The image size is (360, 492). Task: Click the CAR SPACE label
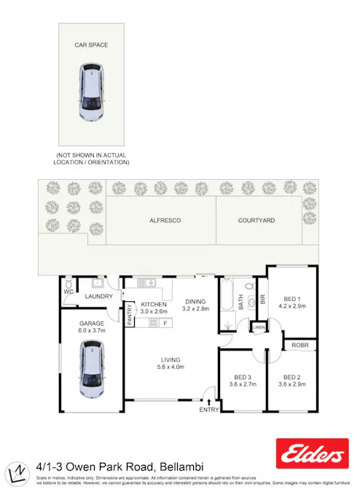coord(91,45)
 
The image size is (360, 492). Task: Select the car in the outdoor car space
coord(91,93)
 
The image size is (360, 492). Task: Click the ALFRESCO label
coord(165,219)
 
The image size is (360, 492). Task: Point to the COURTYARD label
coord(257,219)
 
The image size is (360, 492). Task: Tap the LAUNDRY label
coord(98,297)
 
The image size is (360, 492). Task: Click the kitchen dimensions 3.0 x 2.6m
coord(154,312)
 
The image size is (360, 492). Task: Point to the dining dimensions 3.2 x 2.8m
coord(195,309)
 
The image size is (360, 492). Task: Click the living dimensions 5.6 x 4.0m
coord(171,367)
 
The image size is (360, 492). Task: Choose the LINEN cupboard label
coord(259,328)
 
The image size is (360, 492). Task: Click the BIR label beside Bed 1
coord(263,298)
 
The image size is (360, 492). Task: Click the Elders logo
coord(313,454)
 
